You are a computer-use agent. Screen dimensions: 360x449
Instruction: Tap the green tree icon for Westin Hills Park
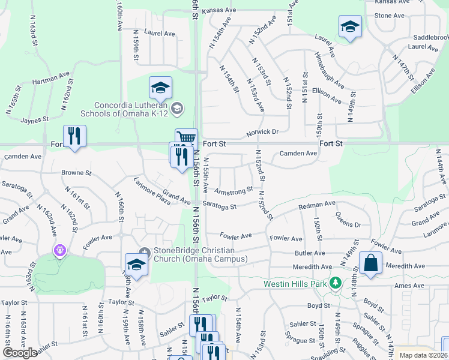tap(336, 283)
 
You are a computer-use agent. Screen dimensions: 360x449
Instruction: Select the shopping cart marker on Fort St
tap(186, 139)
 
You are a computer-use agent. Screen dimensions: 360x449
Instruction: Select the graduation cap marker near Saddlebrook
tap(350, 26)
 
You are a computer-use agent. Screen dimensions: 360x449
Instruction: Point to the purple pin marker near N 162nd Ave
tap(59, 250)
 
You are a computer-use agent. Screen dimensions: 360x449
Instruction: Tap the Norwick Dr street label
tap(262, 132)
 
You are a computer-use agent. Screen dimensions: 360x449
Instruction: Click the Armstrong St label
tap(234, 191)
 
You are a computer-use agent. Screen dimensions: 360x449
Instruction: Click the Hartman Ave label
tap(51, 79)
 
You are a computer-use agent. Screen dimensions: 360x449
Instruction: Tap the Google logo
tap(20, 353)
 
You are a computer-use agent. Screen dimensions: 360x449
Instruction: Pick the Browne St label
tap(76, 173)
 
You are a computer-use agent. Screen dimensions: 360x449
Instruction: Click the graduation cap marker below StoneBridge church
tap(136, 265)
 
